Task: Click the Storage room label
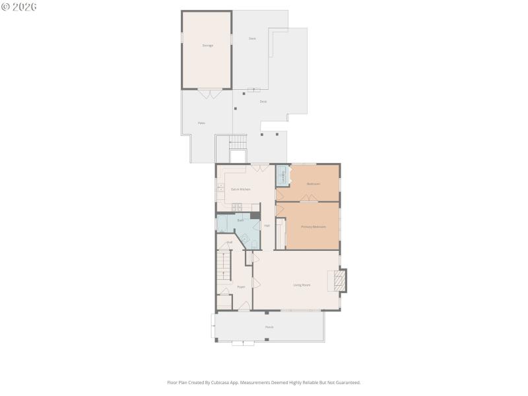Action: (207, 46)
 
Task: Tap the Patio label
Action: (201, 123)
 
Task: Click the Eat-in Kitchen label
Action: (240, 189)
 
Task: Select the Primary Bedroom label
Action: (313, 227)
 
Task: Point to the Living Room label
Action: (302, 285)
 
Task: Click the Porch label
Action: (269, 327)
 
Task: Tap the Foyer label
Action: (242, 287)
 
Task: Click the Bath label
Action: (240, 220)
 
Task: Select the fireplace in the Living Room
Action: (339, 280)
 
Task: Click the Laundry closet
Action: (282, 176)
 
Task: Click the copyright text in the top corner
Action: (19, 7)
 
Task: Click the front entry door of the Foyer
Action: (244, 308)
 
